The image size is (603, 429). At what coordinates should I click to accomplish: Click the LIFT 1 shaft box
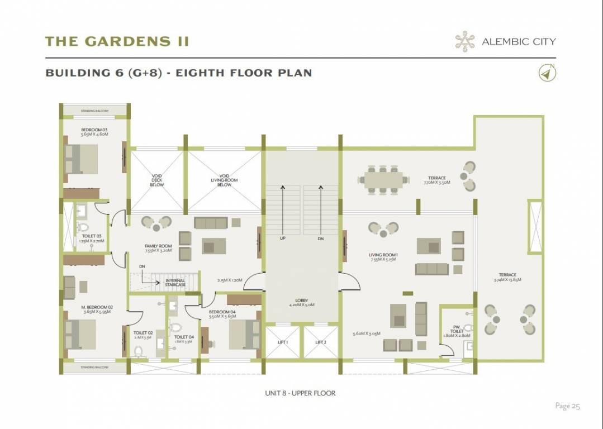(282, 342)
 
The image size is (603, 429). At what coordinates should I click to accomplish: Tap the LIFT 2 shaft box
(320, 342)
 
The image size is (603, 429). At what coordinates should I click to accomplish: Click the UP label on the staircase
(283, 238)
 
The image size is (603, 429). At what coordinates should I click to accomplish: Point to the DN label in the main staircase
(320, 238)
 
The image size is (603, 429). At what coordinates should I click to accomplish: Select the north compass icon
(546, 73)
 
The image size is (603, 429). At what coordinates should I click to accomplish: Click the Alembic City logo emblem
(463, 41)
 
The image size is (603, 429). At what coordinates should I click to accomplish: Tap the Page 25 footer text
(567, 406)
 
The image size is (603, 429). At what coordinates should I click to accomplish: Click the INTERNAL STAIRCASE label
(175, 283)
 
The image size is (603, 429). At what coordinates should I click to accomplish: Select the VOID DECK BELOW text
(157, 180)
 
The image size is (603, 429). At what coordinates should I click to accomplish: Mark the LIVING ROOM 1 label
(382, 257)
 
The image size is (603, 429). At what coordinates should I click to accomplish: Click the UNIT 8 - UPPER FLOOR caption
(300, 393)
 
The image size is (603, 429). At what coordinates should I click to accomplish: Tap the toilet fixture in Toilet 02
(138, 350)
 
